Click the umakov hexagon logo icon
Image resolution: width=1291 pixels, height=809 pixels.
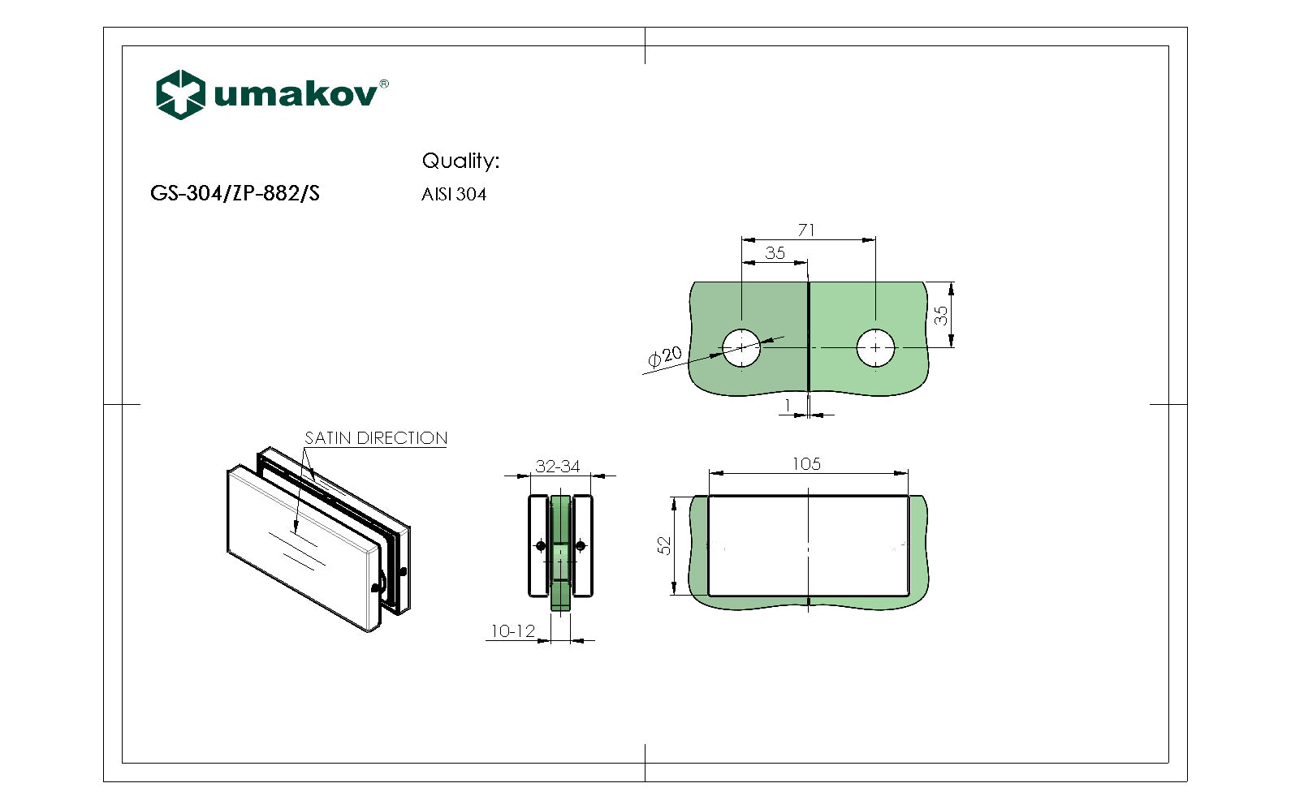coord(179,95)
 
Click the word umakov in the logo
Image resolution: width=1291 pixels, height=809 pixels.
coord(296,95)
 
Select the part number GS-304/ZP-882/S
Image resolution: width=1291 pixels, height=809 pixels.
coord(235,193)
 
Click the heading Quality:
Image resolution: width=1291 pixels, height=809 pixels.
coord(460,161)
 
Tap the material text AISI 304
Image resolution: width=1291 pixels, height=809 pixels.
coord(454,195)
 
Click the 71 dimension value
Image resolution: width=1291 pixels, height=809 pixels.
coord(806,230)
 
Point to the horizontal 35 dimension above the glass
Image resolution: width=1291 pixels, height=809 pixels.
coord(775,253)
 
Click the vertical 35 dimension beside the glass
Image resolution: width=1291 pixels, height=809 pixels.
coord(941,315)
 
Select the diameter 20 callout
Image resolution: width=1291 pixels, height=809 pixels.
coord(666,356)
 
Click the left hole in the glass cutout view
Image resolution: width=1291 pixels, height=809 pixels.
coord(741,347)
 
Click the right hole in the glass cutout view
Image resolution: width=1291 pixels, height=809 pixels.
coord(875,347)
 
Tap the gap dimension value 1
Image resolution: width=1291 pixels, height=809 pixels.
coord(787,405)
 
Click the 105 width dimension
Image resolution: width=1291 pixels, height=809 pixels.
coord(806,464)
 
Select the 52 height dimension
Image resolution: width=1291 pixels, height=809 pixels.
coord(665,545)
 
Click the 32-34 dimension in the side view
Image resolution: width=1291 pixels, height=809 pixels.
coord(557,467)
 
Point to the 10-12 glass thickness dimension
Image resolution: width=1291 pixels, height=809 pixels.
coord(512,631)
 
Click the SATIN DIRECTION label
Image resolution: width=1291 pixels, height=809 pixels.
coord(375,438)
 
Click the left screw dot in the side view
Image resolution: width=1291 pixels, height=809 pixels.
coord(542,545)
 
